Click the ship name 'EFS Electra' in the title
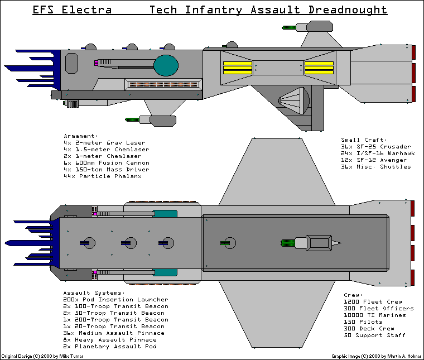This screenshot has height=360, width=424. coord(72,10)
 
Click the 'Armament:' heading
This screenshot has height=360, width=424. coord(81,136)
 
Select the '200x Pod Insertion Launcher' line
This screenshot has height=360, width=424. coord(115,300)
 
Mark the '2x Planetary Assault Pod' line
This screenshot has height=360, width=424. coord(110,347)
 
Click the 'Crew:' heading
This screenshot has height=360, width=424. coord(354,295)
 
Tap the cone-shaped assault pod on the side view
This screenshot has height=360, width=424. coord(294,101)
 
